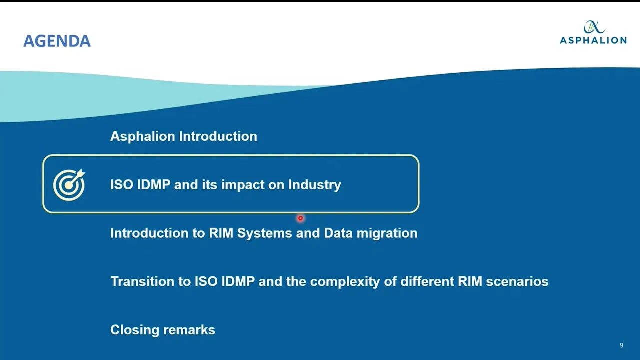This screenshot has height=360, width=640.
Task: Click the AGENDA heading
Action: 57,41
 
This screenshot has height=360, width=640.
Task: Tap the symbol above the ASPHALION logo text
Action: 593,27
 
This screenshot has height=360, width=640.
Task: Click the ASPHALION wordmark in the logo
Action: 593,40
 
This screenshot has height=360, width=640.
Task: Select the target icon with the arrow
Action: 69,184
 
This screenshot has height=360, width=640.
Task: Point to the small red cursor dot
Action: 300,218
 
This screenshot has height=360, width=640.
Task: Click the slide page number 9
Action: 621,345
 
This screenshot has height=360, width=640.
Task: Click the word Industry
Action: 314,185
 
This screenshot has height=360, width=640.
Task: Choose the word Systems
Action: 264,233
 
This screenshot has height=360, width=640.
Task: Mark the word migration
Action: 387,233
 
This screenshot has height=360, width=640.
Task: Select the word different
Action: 427,282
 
